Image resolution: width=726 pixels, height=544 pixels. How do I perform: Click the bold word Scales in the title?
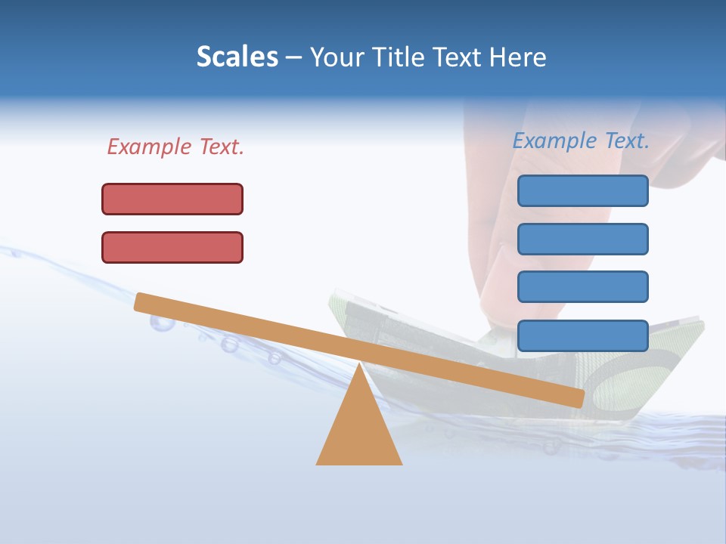(x=237, y=57)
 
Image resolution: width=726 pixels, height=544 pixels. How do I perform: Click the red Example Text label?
(x=175, y=147)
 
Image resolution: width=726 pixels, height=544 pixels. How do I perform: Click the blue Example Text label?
(x=581, y=141)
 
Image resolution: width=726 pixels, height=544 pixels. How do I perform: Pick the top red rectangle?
(x=172, y=199)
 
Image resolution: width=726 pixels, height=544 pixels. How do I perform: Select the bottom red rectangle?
(x=172, y=247)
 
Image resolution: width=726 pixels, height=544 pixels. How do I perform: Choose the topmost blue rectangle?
(x=582, y=190)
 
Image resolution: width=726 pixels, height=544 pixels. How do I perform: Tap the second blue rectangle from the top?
(x=582, y=239)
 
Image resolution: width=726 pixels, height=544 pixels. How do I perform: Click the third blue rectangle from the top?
(x=582, y=287)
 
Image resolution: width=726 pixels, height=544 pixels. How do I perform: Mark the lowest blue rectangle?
(x=582, y=335)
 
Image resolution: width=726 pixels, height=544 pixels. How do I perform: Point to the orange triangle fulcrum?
(x=359, y=431)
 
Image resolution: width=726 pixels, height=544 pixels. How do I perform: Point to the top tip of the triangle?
(x=359, y=366)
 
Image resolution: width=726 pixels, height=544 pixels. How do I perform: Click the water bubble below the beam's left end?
(x=161, y=323)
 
